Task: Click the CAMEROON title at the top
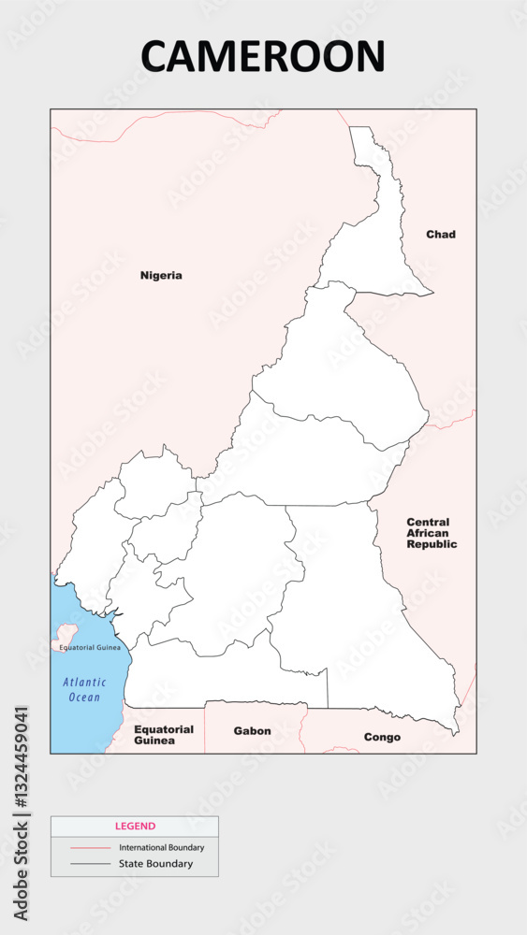pyautogui.click(x=263, y=56)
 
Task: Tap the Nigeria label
pyautogui.click(x=161, y=275)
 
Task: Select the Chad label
pyautogui.click(x=441, y=234)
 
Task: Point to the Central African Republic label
pyautogui.click(x=432, y=533)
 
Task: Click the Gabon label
pyautogui.click(x=253, y=731)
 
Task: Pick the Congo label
pyautogui.click(x=382, y=737)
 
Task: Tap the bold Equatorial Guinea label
pyautogui.click(x=164, y=735)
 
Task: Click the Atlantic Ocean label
pyautogui.click(x=84, y=690)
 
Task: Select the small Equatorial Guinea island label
pyautogui.click(x=90, y=647)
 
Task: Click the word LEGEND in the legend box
pyautogui.click(x=135, y=827)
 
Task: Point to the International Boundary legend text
pyautogui.click(x=161, y=847)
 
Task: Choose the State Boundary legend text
pyautogui.click(x=155, y=864)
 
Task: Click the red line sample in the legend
pyautogui.click(x=90, y=847)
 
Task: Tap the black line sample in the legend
pyautogui.click(x=90, y=864)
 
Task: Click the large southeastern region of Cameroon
pyautogui.click(x=356, y=598)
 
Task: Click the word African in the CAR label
pyautogui.click(x=429, y=533)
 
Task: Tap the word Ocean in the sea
pyautogui.click(x=84, y=698)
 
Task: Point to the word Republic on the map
pyautogui.click(x=432, y=544)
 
